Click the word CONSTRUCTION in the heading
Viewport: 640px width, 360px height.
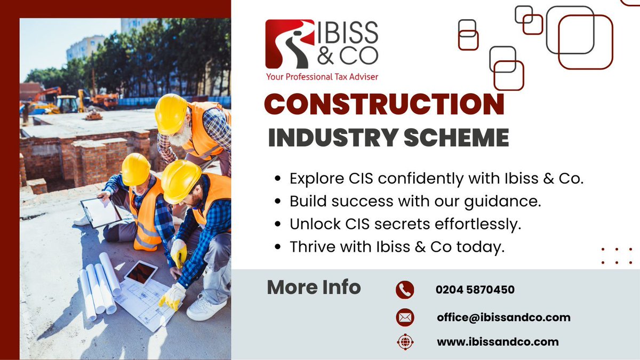click(384, 104)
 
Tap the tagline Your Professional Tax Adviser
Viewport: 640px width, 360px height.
click(322, 77)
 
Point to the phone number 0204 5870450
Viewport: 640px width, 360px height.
click(475, 290)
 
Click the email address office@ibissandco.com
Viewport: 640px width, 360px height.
click(503, 317)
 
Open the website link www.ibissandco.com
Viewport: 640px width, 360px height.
click(498, 342)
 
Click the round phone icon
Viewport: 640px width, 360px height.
click(405, 290)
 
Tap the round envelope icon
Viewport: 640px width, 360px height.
click(405, 318)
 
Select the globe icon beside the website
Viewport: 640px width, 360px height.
click(405, 342)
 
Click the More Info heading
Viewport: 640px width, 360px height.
click(314, 287)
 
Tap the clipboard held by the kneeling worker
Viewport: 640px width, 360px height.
click(100, 212)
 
